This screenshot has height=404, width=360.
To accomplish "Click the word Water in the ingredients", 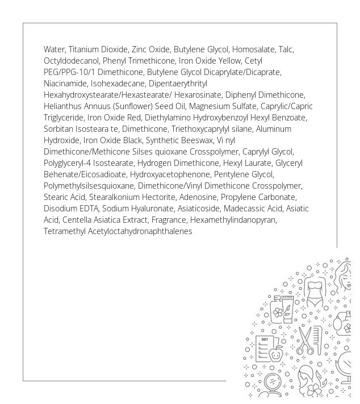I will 54,49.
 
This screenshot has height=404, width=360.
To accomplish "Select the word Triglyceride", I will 64,118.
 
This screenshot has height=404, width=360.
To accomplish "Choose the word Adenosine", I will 203,197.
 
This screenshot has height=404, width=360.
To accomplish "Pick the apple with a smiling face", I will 277,355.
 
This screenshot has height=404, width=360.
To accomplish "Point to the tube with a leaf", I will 288,310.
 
